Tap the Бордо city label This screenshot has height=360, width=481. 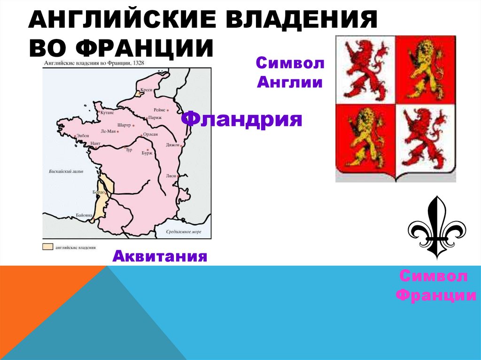99,192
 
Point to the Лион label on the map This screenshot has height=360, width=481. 171,176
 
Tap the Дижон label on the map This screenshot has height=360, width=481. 172,145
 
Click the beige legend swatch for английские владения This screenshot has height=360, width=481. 47,246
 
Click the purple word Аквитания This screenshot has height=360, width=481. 160,256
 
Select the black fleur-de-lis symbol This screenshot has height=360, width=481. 436,227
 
